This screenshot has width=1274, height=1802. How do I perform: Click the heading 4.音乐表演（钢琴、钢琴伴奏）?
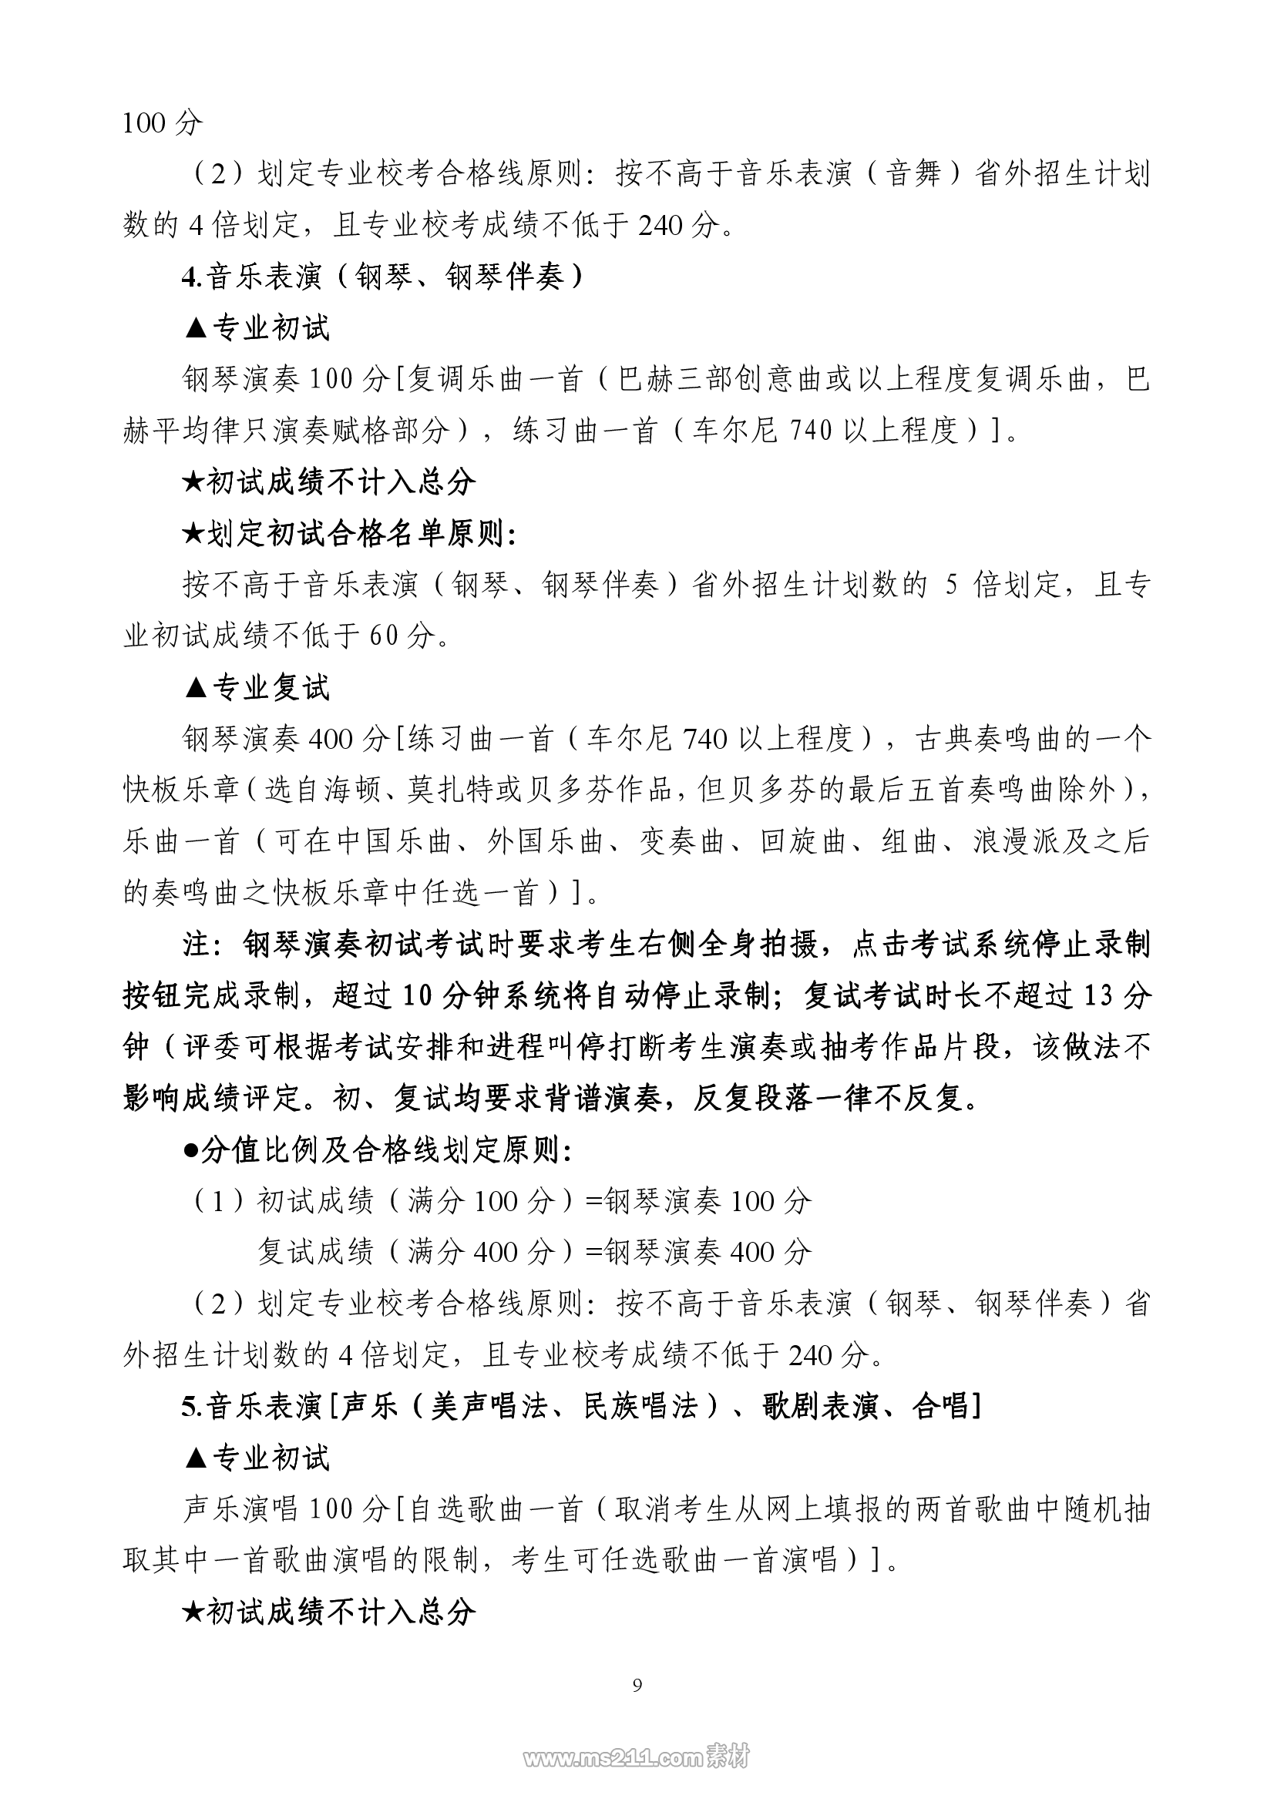click(383, 277)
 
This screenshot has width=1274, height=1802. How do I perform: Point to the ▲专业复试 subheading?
click(257, 687)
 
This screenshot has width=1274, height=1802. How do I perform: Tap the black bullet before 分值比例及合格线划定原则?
click(190, 1150)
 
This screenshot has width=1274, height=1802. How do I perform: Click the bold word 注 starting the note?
click(197, 945)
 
